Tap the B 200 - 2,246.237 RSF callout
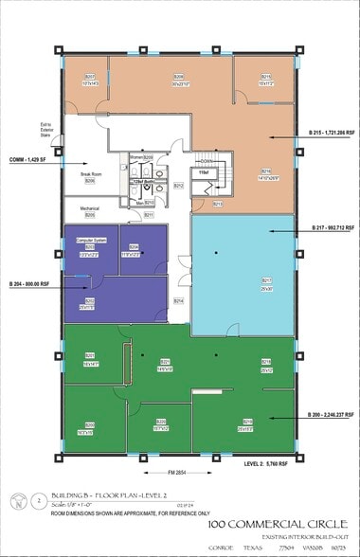(x=331, y=415)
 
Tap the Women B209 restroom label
(x=142, y=157)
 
